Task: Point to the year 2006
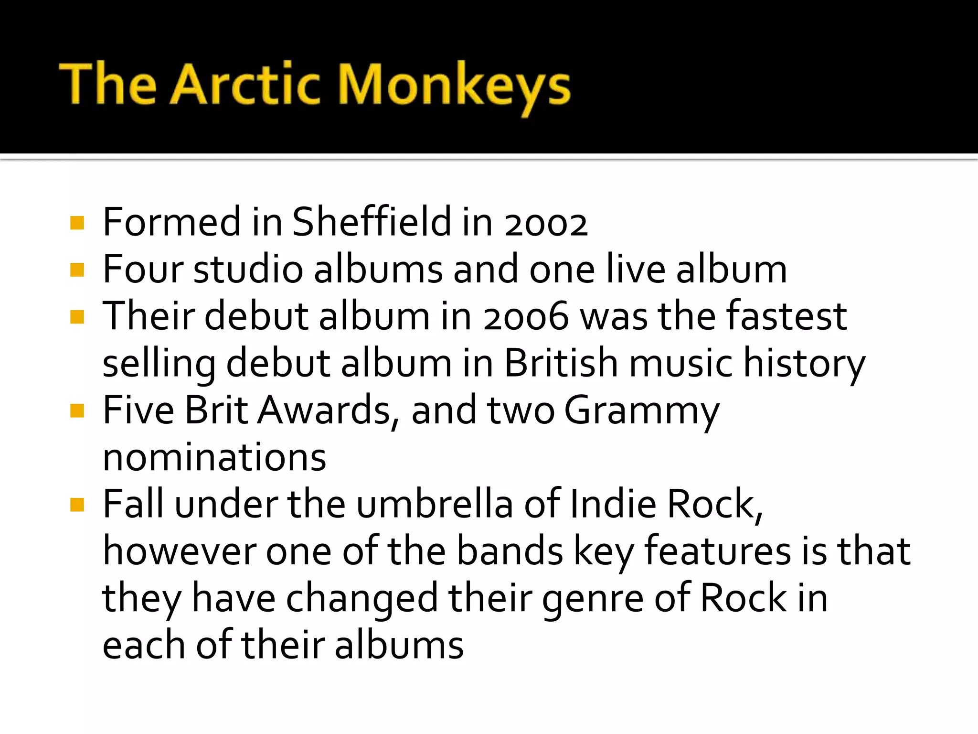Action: (526, 316)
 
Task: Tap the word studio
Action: (248, 269)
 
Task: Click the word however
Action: (179, 551)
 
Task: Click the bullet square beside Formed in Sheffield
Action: (77, 223)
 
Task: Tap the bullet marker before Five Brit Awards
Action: (77, 411)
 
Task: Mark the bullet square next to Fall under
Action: (77, 505)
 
